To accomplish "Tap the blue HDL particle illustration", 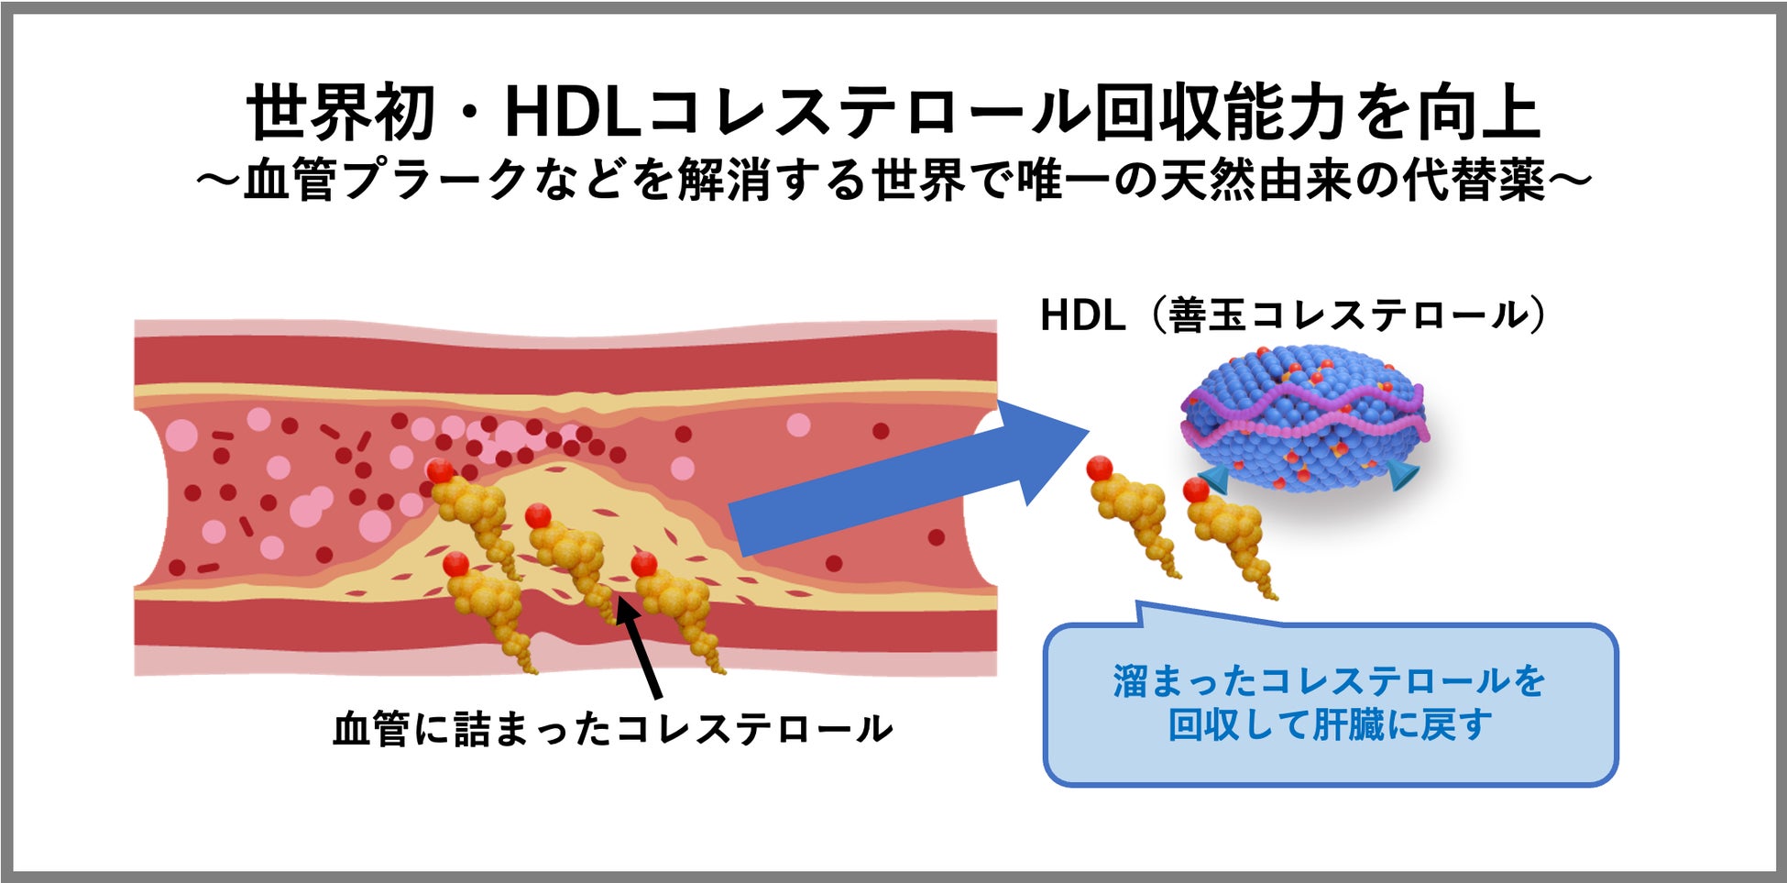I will pyautogui.click(x=1305, y=417).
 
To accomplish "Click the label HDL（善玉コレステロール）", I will pyautogui.click(x=1293, y=315).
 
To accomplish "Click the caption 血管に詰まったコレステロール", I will pyautogui.click(x=612, y=730).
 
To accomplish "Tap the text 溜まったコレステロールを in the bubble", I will pyautogui.click(x=1329, y=681).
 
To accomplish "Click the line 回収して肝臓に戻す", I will pyautogui.click(x=1329, y=725).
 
